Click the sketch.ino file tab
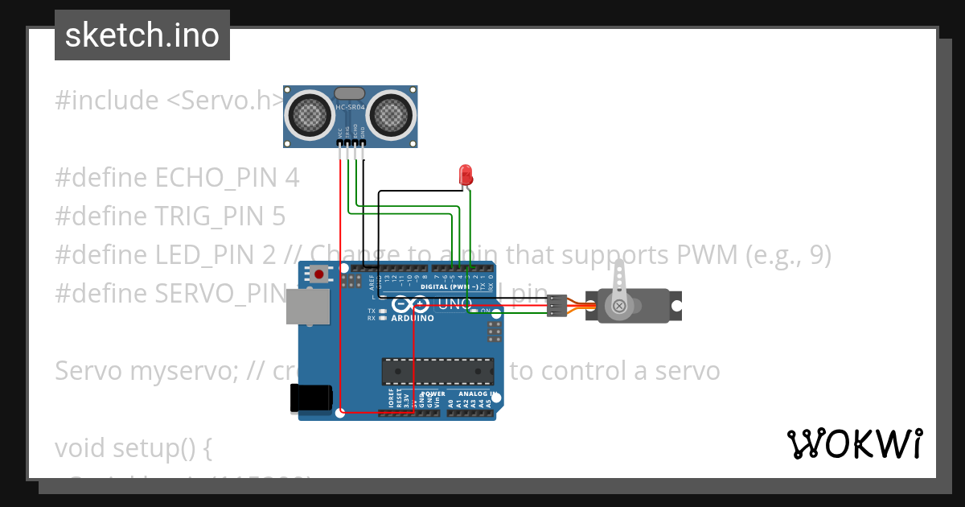coord(142,35)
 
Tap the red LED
coord(465,174)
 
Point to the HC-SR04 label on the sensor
coord(351,108)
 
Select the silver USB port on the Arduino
coord(308,307)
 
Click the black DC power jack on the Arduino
coord(311,398)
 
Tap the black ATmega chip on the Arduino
coord(437,371)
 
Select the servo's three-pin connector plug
coord(556,306)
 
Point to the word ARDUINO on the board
coord(413,319)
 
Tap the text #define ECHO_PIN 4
coord(177,178)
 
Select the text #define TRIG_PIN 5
coord(170,216)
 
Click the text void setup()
coord(133,448)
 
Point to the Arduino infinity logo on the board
coord(411,304)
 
